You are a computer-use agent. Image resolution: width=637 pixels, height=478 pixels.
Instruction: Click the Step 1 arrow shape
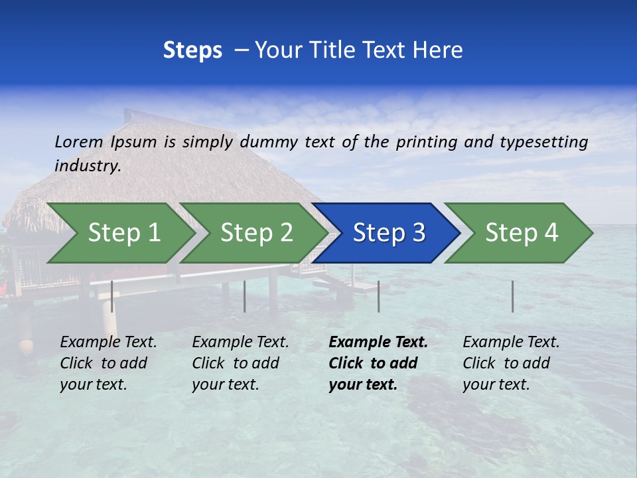coord(123,233)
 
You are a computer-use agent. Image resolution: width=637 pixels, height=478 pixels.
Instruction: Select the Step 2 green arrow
coord(256,233)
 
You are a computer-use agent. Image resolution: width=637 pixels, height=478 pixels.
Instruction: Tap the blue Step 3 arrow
coord(389,233)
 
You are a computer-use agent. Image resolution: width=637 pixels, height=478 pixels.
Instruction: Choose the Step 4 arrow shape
coord(522,233)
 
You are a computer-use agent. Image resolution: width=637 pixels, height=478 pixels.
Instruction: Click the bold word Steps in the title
coord(192,50)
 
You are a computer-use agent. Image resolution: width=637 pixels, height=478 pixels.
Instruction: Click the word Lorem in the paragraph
coord(79,141)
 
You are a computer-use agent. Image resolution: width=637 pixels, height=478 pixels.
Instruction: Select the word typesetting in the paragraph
coord(543,142)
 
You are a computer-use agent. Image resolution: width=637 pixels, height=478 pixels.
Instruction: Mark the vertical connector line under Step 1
coord(112,296)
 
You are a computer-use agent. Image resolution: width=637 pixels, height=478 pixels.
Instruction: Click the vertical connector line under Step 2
coord(245,296)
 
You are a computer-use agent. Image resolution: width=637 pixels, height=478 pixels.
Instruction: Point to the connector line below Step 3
coord(379,296)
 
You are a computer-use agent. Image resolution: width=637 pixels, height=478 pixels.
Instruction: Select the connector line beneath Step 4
coord(513,296)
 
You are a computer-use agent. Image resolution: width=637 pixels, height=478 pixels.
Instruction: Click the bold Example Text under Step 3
coord(378,342)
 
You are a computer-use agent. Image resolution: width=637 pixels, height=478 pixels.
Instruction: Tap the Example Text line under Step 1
coord(108,342)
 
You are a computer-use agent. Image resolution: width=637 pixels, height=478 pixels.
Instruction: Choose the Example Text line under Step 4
coord(511,342)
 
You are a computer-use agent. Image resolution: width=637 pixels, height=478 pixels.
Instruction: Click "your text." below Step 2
coord(225,384)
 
